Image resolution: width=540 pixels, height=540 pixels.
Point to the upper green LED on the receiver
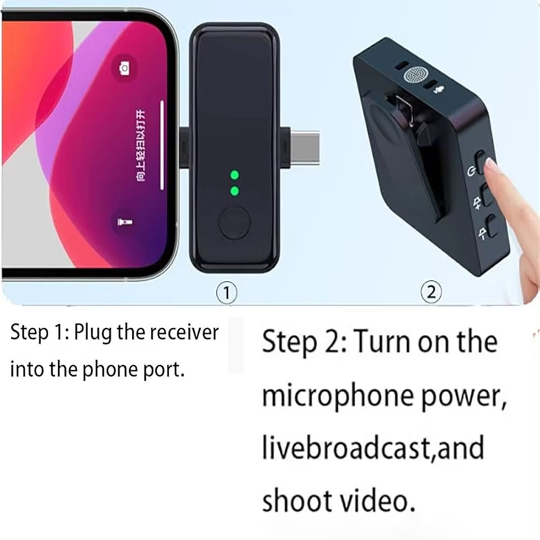[234, 174]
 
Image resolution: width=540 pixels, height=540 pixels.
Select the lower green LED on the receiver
[234, 191]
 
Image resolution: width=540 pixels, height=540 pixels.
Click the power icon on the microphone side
[471, 172]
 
